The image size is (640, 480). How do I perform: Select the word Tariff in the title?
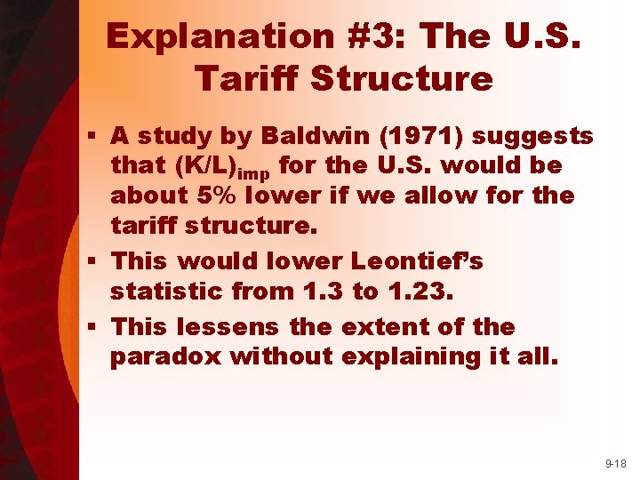pyautogui.click(x=247, y=79)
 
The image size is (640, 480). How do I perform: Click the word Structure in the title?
pyautogui.click(x=403, y=79)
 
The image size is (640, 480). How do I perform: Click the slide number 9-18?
pyautogui.click(x=616, y=463)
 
